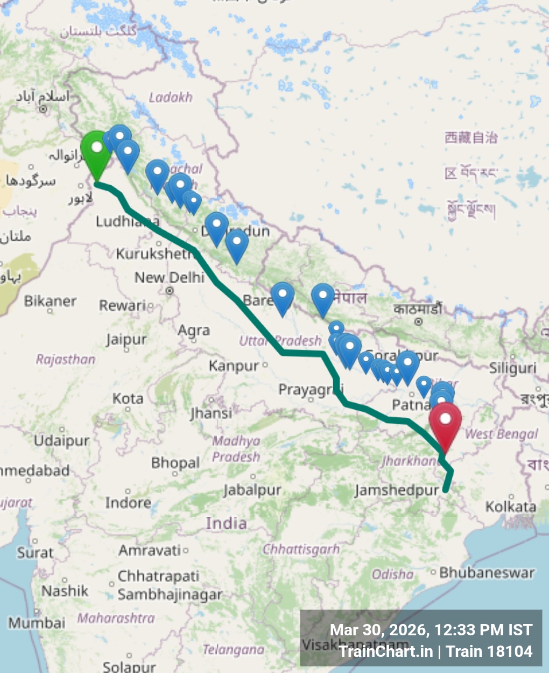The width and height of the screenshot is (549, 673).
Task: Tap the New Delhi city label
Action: click(169, 278)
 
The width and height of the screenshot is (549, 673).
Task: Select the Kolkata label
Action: click(510, 507)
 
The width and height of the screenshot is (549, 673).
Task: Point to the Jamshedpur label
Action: click(397, 490)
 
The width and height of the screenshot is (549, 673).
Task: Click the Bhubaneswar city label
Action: click(487, 572)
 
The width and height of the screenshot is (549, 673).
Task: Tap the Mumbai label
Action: click(37, 623)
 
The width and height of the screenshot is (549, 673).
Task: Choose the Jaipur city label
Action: click(126, 340)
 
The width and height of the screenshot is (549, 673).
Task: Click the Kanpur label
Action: click(234, 366)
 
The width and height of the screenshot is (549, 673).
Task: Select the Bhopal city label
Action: click(175, 463)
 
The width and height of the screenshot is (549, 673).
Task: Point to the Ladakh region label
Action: click(171, 97)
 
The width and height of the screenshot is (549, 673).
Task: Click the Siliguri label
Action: click(512, 368)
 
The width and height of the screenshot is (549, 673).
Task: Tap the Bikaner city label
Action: click(50, 301)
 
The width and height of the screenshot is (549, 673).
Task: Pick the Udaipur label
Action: click(61, 440)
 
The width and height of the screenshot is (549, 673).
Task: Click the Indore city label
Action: click(128, 503)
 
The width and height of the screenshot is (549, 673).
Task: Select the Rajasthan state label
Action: click(66, 359)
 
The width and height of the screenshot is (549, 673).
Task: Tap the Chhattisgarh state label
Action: click(301, 550)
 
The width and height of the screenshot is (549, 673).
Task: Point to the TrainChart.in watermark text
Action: click(385, 651)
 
